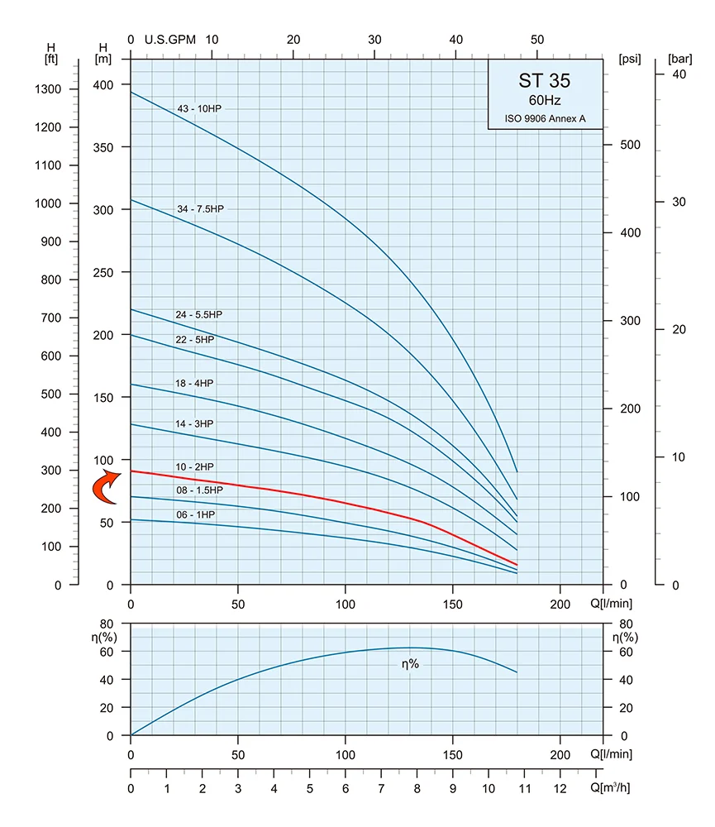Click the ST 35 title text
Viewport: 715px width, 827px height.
click(x=544, y=81)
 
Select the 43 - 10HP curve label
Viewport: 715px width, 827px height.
click(x=198, y=108)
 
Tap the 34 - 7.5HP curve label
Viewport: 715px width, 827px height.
click(x=200, y=209)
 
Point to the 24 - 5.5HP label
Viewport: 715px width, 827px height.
click(x=198, y=314)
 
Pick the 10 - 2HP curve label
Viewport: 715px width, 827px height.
click(x=194, y=466)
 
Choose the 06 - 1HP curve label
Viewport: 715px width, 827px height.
click(x=196, y=514)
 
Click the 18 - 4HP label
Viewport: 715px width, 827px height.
click(x=194, y=384)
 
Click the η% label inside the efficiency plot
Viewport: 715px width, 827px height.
click(x=410, y=663)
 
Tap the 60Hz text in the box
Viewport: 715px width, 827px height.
click(x=545, y=100)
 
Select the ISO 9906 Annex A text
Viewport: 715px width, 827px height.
click(x=546, y=118)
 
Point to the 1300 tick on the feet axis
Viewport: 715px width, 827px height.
click(x=48, y=89)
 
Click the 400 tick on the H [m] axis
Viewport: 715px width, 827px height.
click(x=102, y=85)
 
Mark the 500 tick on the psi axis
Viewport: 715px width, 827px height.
click(x=630, y=145)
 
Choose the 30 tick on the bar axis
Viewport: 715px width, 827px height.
click(x=679, y=202)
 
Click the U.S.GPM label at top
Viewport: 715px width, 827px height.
click(x=169, y=40)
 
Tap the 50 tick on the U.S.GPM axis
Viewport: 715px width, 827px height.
click(x=537, y=40)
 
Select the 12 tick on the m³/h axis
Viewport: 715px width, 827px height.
click(x=560, y=788)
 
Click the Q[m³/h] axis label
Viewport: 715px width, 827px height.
click(x=611, y=787)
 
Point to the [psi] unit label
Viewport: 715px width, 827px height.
click(x=630, y=59)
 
